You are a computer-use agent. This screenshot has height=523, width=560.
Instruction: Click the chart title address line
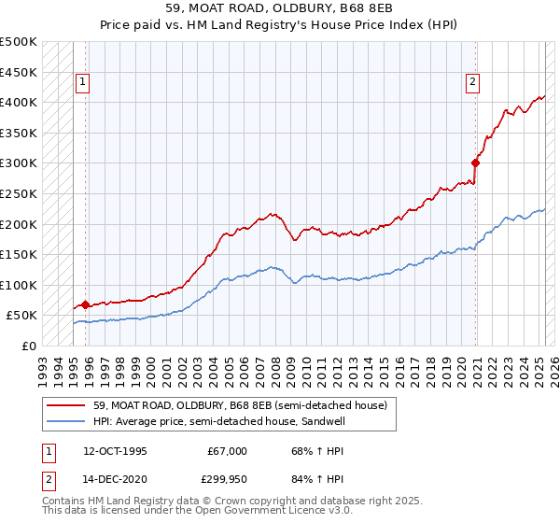280,10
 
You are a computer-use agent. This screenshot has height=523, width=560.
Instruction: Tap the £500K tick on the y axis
19,42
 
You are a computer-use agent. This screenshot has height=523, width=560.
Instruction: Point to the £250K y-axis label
19,193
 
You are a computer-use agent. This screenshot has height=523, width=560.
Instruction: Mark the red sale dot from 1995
85,304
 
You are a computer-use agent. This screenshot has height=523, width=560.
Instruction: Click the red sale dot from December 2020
475,163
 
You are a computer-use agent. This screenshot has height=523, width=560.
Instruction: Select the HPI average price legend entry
205,421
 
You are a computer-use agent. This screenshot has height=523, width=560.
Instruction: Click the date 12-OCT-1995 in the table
115,451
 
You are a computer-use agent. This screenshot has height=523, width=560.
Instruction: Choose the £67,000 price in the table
228,451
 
